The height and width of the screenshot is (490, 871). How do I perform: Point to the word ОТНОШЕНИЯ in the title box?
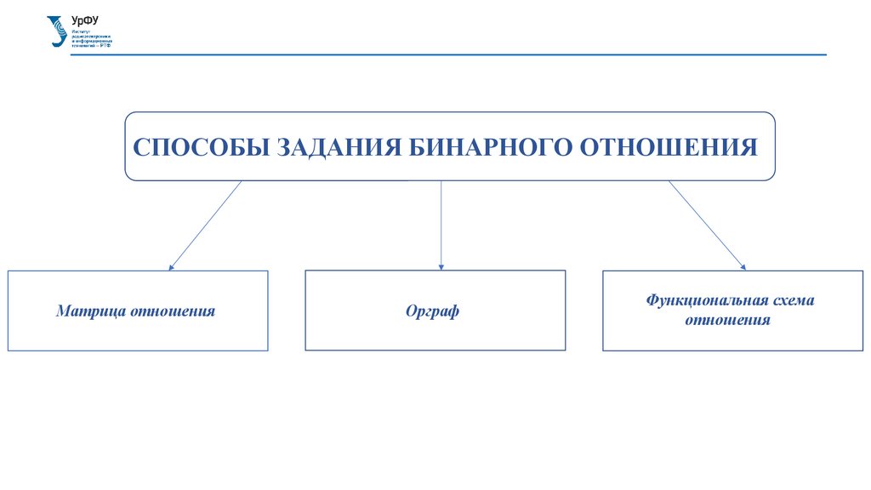[x=668, y=146]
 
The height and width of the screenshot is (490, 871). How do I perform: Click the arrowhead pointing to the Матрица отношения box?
[x=172, y=267]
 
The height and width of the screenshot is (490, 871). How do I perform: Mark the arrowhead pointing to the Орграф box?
[x=441, y=267]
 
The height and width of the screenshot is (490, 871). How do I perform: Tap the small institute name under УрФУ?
[x=90, y=39]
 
